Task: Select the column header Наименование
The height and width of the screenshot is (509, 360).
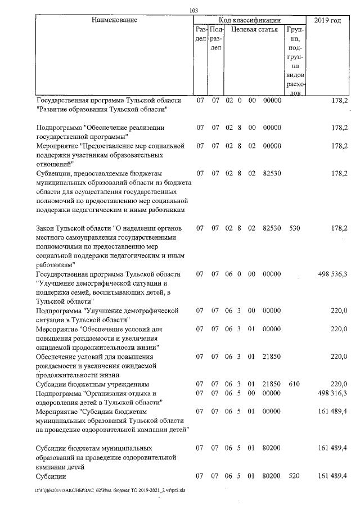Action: [114, 20]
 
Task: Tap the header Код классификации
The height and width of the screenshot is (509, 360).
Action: [249, 20]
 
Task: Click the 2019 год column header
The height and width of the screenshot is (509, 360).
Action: [328, 20]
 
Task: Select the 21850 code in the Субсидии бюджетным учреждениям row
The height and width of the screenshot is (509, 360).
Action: [272, 384]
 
